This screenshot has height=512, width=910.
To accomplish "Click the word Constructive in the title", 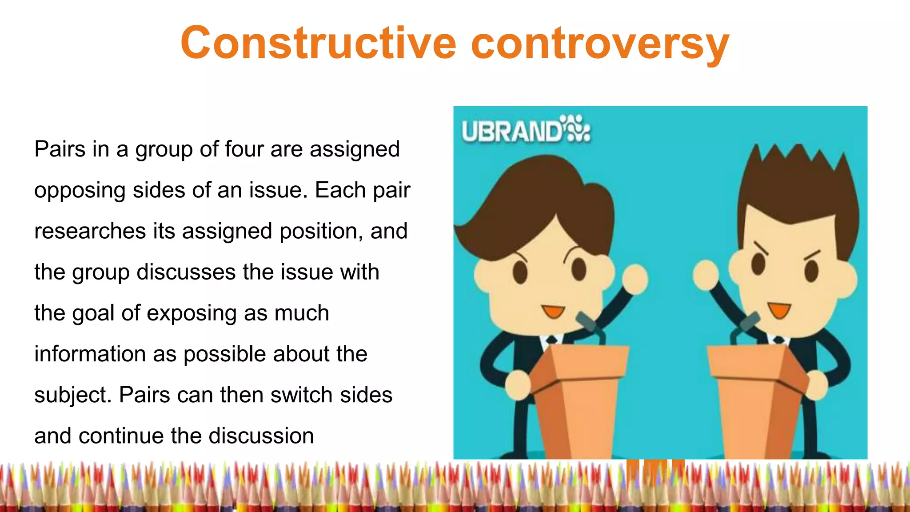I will click(x=318, y=43).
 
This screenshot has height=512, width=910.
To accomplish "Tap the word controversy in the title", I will click(x=600, y=44).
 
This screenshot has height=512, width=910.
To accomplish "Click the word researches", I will click(x=90, y=231).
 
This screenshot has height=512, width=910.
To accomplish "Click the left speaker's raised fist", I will click(x=634, y=279).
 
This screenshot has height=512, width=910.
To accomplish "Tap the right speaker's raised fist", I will click(x=706, y=275).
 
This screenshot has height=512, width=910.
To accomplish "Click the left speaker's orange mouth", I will click(x=553, y=311).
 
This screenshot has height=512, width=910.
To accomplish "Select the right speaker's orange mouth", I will click(x=779, y=310).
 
